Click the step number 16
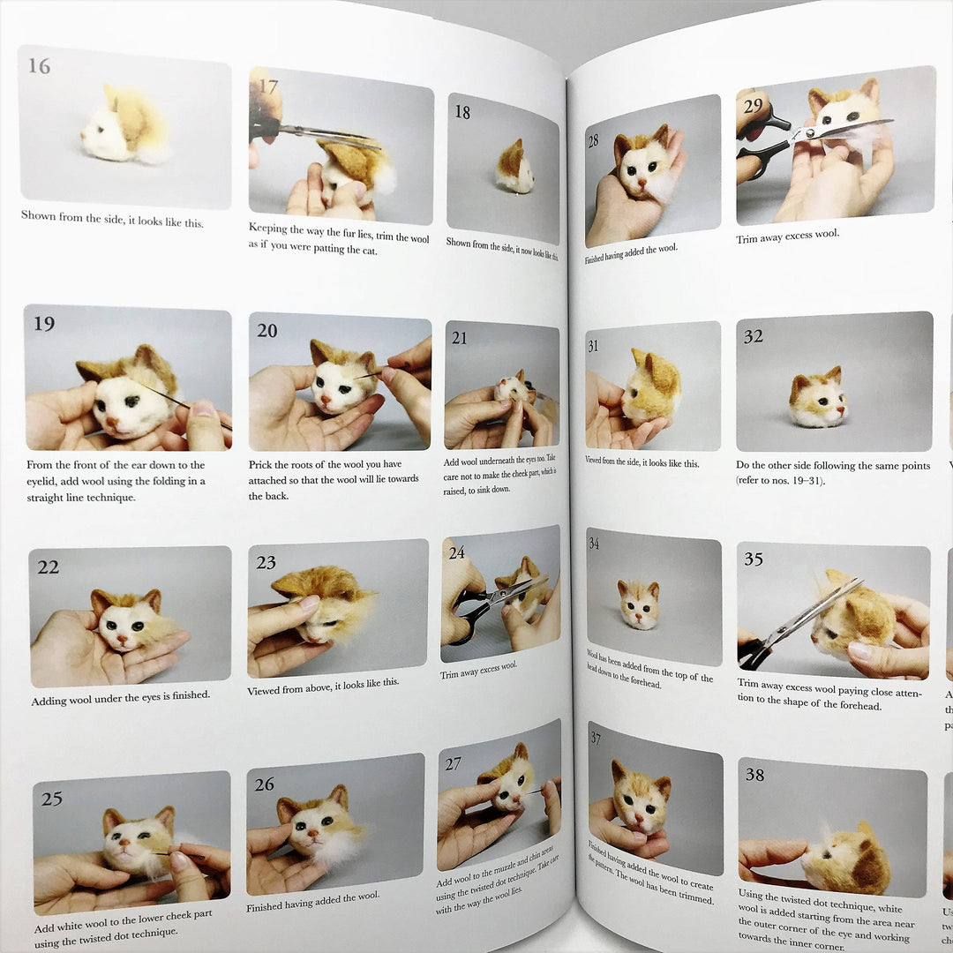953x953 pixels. (39, 65)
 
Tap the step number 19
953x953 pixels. (44, 324)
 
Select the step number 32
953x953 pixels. (753, 336)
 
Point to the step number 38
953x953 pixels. (754, 775)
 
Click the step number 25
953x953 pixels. (52, 799)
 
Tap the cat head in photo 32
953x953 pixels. (816, 399)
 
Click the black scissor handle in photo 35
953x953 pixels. (755, 653)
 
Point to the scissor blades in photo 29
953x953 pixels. (838, 130)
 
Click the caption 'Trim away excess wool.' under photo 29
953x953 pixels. (787, 235)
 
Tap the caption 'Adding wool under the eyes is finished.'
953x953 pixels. (120, 696)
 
